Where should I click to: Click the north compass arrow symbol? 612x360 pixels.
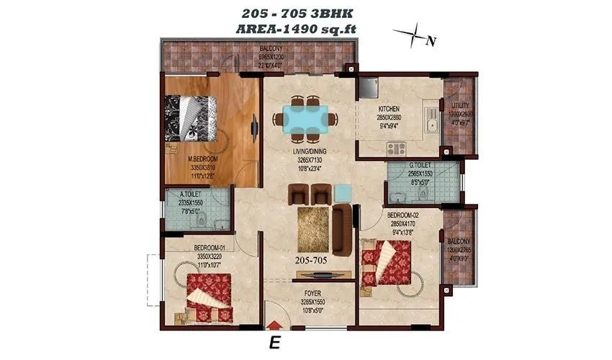tap(412, 34)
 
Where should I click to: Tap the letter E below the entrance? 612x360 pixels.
tap(274, 343)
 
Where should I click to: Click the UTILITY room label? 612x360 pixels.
tap(459, 105)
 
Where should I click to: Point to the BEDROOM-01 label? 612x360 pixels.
tap(210, 248)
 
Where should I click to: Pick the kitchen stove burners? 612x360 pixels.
tap(396, 149)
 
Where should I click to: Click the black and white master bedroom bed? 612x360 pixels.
tap(191, 119)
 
